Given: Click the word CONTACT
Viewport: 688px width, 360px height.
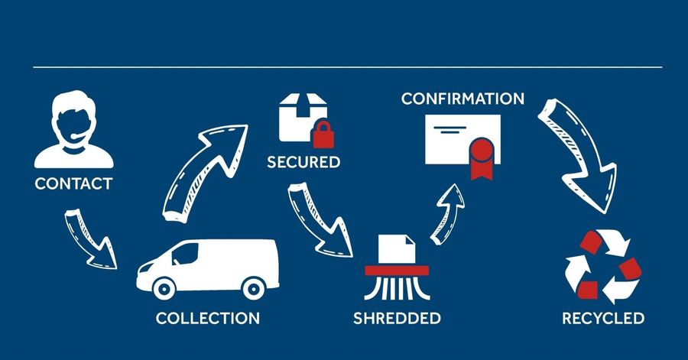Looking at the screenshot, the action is coord(73,183).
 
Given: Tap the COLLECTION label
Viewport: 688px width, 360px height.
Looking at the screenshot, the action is coord(207,318).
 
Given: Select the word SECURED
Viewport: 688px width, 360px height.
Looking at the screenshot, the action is coord(303,162).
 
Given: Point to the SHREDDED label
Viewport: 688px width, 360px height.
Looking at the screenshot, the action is coord(397,318).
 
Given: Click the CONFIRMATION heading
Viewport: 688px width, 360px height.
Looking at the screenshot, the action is coord(463,99).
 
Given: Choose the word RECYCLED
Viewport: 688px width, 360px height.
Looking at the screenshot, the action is coord(603,318).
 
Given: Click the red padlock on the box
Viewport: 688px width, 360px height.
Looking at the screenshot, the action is coord(323,135).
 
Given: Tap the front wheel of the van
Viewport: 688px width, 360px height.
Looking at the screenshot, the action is coord(164,288).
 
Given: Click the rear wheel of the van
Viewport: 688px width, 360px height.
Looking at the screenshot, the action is coord(254,288).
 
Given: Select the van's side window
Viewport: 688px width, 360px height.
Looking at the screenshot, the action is coord(185,255).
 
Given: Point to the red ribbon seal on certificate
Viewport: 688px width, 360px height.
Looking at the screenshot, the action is coord(482,159).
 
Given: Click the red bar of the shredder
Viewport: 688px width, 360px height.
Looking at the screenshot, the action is coord(397,271).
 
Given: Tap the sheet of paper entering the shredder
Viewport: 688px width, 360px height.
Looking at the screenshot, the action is coord(397,249).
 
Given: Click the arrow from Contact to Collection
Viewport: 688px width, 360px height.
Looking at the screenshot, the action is coord(89,240).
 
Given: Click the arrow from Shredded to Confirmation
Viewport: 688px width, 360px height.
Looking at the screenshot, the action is coord(447,215).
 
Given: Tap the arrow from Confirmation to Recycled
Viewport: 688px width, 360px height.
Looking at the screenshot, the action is coord(577,156).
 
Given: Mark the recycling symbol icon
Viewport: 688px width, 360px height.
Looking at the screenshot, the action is coord(603,267).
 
